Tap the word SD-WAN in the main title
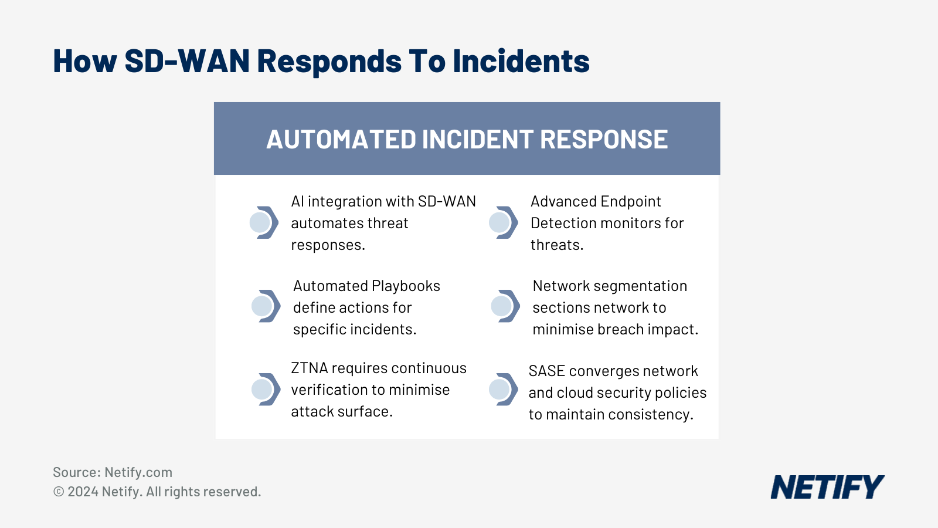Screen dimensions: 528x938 click(187, 61)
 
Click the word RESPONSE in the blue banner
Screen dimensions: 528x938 click(603, 140)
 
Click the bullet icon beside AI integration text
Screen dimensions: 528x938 click(263, 222)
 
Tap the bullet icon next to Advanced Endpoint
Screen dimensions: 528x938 click(502, 222)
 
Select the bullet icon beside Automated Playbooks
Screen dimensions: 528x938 click(265, 306)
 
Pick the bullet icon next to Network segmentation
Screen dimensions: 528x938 click(505, 306)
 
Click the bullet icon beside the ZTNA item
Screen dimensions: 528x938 click(265, 389)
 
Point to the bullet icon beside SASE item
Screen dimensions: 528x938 click(502, 389)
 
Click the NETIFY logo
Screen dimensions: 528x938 click(827, 487)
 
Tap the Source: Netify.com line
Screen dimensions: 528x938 click(113, 472)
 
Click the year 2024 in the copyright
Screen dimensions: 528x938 click(83, 492)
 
